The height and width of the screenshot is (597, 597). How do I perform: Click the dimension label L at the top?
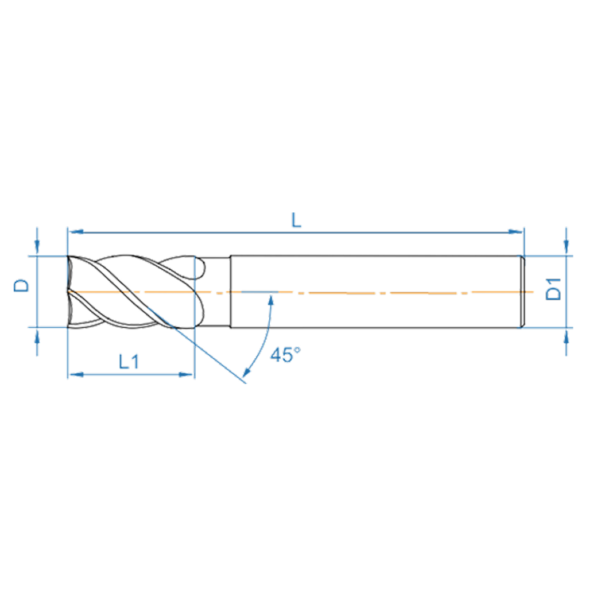tap(296, 220)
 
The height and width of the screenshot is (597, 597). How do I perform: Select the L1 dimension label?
tap(129, 362)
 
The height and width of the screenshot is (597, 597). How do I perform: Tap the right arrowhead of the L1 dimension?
tap(188, 375)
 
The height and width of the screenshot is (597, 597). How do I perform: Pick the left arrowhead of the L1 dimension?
tap(73, 375)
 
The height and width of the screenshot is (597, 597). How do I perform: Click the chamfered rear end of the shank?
tap(522, 292)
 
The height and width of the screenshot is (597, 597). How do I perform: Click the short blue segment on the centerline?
tap(259, 292)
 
